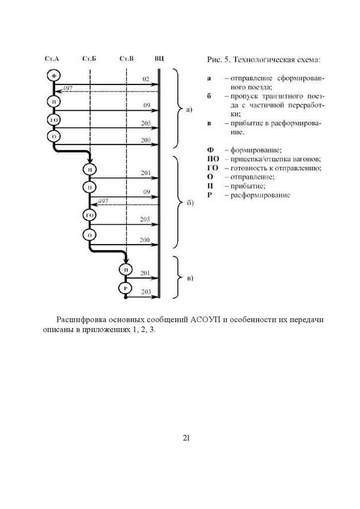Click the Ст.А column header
pyautogui.click(x=52, y=59)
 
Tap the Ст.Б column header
pyautogui.click(x=89, y=59)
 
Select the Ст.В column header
pyautogui.click(x=126, y=59)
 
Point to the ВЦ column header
pyautogui.click(x=159, y=59)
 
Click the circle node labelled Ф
pyautogui.click(x=54, y=76)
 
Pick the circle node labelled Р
pyautogui.click(x=126, y=288)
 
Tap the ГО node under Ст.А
pyautogui.click(x=54, y=119)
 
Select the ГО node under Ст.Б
pyautogui.click(x=90, y=215)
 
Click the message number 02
pyautogui.click(x=146, y=79)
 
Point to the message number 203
pyautogui.click(x=145, y=292)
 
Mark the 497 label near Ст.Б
pyautogui.click(x=103, y=201)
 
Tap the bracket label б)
pyautogui.click(x=189, y=204)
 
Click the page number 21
pyautogui.click(x=187, y=438)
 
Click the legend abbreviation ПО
pyautogui.click(x=212, y=159)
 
